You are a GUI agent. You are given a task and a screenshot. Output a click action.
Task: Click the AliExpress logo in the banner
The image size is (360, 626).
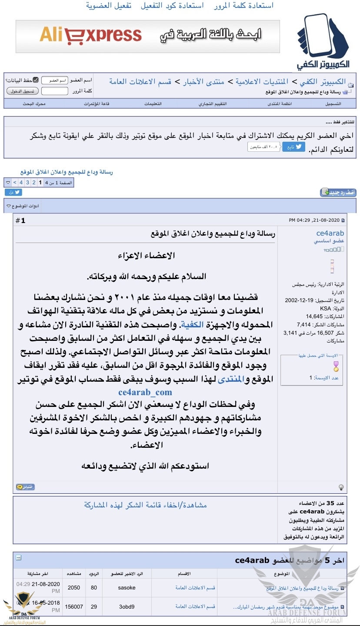(x=90, y=35)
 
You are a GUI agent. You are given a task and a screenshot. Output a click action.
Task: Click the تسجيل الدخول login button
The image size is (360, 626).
(x=23, y=91)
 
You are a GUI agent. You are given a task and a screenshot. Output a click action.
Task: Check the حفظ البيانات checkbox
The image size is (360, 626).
(x=36, y=80)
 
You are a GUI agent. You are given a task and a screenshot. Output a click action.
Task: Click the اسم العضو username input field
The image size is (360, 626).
(x=55, y=80)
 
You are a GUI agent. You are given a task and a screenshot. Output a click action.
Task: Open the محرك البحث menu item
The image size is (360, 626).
(x=34, y=104)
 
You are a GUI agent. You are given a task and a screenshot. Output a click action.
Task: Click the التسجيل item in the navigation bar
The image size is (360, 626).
(x=333, y=104)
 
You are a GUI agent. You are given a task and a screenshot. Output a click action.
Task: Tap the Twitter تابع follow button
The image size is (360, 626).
(x=294, y=147)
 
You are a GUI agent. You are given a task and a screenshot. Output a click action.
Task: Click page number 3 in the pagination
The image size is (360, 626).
(x=27, y=183)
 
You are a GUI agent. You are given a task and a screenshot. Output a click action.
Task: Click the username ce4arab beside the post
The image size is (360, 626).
(x=330, y=233)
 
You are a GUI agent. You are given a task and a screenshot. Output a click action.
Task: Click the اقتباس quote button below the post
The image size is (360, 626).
(x=26, y=487)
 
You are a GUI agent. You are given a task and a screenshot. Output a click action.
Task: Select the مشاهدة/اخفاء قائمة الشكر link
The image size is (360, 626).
(x=145, y=505)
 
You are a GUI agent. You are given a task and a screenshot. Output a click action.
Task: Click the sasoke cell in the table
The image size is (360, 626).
(x=127, y=588)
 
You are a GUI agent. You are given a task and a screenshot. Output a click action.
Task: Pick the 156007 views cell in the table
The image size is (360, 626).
(x=74, y=606)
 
